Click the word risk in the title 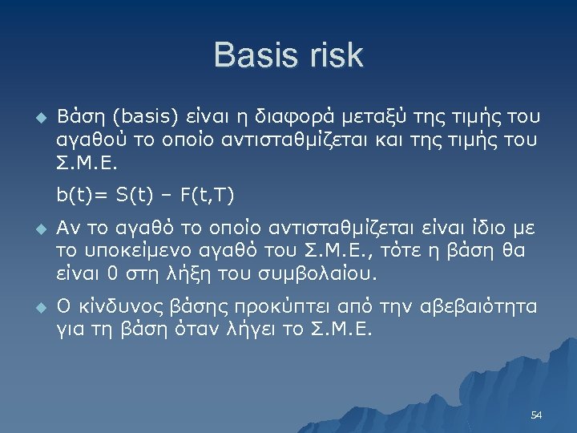(x=337, y=56)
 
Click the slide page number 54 (x=537, y=415)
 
